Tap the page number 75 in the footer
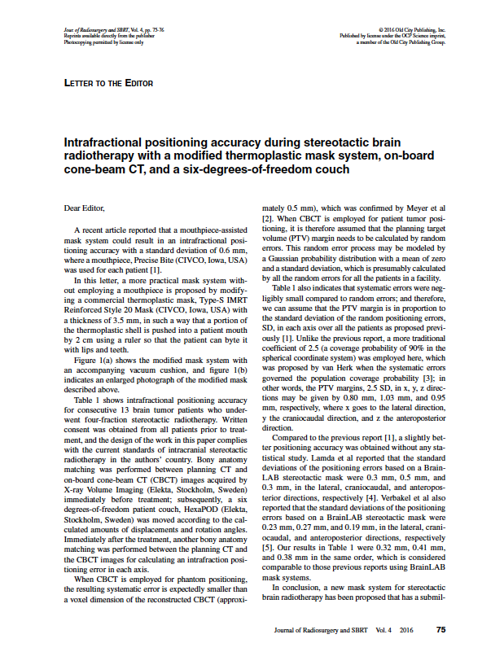pyautogui.click(x=440, y=629)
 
